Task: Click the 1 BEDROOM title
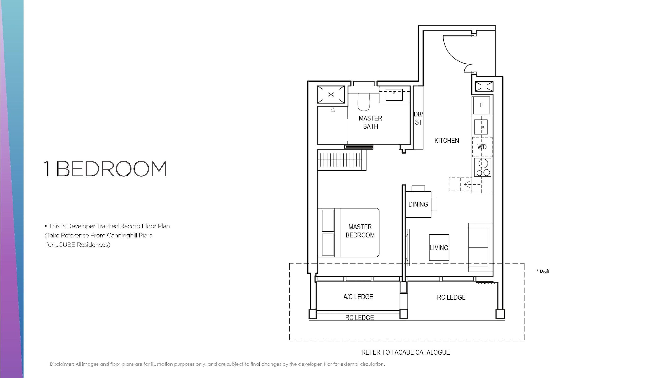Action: click(x=105, y=169)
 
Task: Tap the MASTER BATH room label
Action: click(x=370, y=122)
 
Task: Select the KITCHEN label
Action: click(x=446, y=141)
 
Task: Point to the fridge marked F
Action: click(x=481, y=105)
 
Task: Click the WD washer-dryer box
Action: click(x=482, y=147)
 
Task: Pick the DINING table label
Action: click(x=418, y=205)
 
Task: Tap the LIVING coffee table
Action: click(x=439, y=247)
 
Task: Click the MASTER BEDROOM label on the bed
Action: click(x=360, y=231)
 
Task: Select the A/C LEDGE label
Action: click(x=358, y=297)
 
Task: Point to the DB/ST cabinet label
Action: click(x=418, y=118)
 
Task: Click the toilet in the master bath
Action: click(x=364, y=102)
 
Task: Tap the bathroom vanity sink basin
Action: click(x=394, y=95)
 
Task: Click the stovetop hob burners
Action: click(x=483, y=168)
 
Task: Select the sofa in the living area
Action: click(x=480, y=247)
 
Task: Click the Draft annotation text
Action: click(x=543, y=271)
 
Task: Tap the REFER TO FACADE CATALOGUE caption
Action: click(x=405, y=352)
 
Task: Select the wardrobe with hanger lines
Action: click(x=342, y=160)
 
